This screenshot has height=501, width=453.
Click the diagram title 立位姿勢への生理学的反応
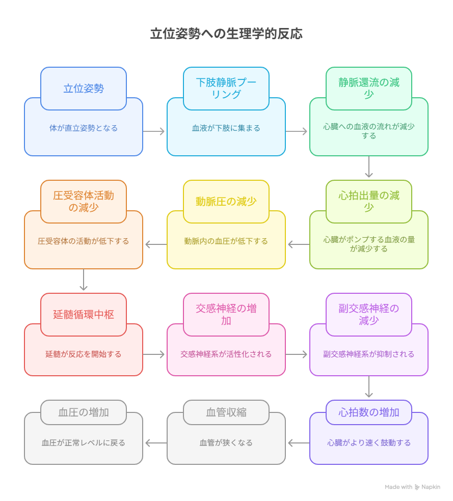coord(226,34)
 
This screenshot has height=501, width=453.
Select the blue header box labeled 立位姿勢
coord(84,88)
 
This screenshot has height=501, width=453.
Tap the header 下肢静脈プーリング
coord(226,88)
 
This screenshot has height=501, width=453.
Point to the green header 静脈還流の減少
coord(369,88)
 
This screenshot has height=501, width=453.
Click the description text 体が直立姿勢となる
coord(84,128)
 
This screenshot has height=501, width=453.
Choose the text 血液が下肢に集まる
coord(226,128)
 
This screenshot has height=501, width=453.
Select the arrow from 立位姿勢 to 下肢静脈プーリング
coord(154,131)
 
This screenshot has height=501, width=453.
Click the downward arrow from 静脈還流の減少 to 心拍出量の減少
coord(369,167)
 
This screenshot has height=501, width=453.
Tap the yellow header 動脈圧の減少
coord(226,202)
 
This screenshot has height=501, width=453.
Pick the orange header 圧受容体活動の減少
coord(84,202)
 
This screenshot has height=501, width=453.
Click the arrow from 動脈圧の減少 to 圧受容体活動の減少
coord(155,244)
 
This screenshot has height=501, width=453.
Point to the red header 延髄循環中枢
coord(84,315)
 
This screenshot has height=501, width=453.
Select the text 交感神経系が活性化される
coord(226,354)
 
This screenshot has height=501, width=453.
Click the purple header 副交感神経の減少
coord(369,315)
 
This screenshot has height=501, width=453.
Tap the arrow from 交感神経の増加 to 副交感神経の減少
coord(297,354)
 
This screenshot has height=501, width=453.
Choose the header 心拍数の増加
coord(369,412)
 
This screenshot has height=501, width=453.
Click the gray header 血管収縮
coord(226,412)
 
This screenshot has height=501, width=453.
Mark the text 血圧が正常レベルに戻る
coord(84,443)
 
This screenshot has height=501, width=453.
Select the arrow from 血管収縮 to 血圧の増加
coord(155,443)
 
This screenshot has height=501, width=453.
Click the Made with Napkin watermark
coord(412,487)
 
